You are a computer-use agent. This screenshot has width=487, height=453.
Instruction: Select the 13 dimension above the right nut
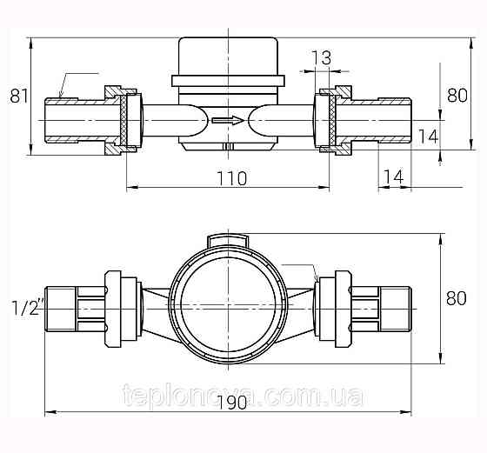click(320, 58)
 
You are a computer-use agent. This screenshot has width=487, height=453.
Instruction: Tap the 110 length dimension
click(230, 178)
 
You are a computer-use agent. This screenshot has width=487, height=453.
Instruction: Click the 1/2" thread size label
click(26, 306)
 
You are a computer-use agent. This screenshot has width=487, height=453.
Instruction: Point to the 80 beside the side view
click(456, 96)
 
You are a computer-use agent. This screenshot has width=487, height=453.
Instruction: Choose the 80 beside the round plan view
click(456, 298)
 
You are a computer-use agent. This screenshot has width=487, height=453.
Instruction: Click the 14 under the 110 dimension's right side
click(393, 177)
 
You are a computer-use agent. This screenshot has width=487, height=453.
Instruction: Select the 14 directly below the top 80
click(427, 136)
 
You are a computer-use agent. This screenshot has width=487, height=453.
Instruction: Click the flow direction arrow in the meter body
click(228, 120)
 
